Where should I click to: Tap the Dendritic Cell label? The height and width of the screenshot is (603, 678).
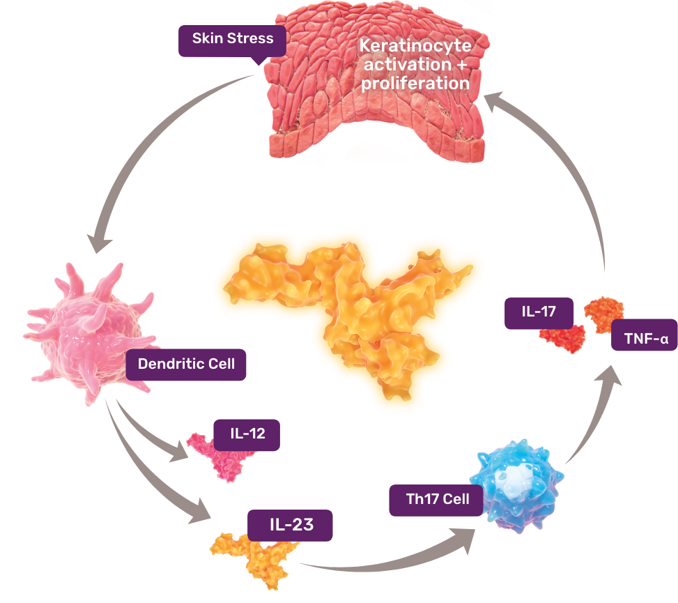[186, 364]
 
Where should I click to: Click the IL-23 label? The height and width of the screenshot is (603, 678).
[291, 525]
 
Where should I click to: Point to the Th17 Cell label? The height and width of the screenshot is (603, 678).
[437, 500]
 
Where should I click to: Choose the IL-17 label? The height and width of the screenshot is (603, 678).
[539, 312]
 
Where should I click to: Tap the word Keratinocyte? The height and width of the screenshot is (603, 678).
[415, 47]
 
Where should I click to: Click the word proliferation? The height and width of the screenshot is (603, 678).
[415, 83]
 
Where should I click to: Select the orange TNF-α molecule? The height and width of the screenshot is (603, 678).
[603, 312]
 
